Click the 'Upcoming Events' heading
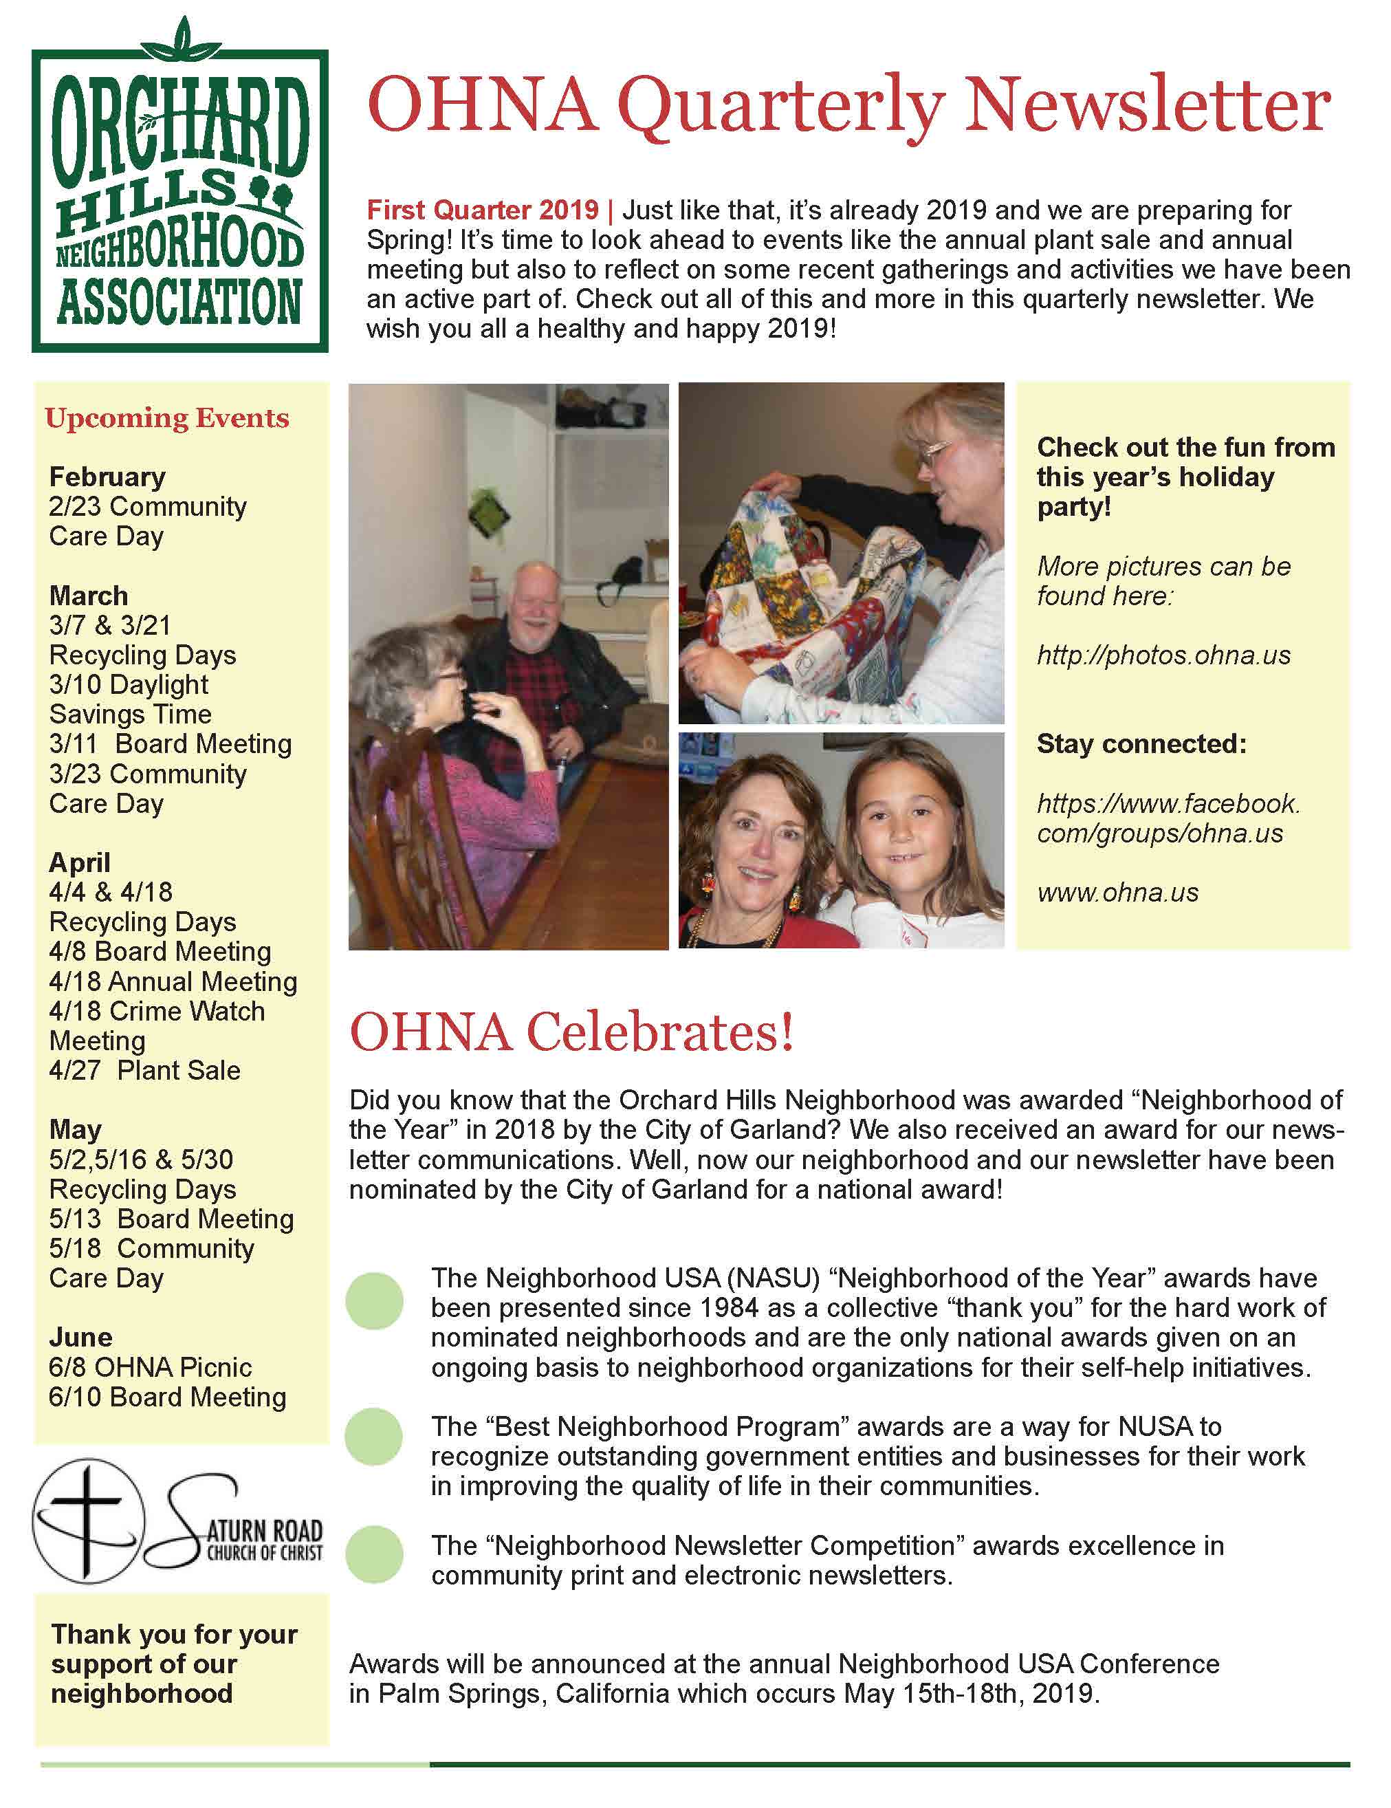[x=167, y=418]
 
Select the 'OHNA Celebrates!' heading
[x=571, y=1033]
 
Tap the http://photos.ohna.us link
[x=1163, y=655]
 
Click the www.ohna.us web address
[x=1117, y=893]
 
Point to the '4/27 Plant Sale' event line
[x=145, y=1070]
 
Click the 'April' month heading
[x=80, y=862]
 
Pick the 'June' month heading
[x=80, y=1337]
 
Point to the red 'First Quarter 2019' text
[x=483, y=210]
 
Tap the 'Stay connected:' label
[x=1141, y=744]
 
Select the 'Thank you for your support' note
[x=174, y=1664]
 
